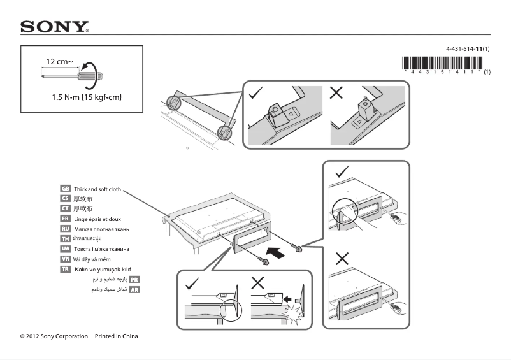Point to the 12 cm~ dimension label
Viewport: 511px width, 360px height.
pyautogui.click(x=59, y=62)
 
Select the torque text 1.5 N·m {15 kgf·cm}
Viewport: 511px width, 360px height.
pyautogui.click(x=87, y=97)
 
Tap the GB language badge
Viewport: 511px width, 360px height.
pyautogui.click(x=65, y=189)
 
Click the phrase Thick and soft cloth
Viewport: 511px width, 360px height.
pyautogui.click(x=97, y=189)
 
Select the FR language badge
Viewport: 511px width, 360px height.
pyautogui.click(x=65, y=219)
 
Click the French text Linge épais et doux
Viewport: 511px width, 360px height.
pyautogui.click(x=97, y=219)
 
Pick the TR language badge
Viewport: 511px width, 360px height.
pyautogui.click(x=65, y=269)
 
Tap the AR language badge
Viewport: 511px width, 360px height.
pyautogui.click(x=134, y=289)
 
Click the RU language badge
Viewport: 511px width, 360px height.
pyautogui.click(x=65, y=228)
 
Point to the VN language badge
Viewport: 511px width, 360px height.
pyautogui.click(x=65, y=259)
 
